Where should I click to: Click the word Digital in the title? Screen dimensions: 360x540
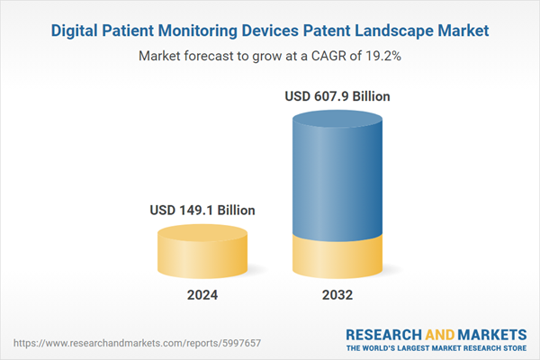point(77,31)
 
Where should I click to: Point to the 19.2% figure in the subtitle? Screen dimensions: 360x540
point(380,55)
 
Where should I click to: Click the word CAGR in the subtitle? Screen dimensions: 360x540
point(318,55)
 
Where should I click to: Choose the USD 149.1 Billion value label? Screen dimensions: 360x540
point(202,210)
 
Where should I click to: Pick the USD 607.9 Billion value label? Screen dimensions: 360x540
point(338,96)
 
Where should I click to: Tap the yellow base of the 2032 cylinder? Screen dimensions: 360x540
point(338,256)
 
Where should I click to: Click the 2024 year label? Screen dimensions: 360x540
point(202,295)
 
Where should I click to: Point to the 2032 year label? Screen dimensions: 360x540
point(338,295)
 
